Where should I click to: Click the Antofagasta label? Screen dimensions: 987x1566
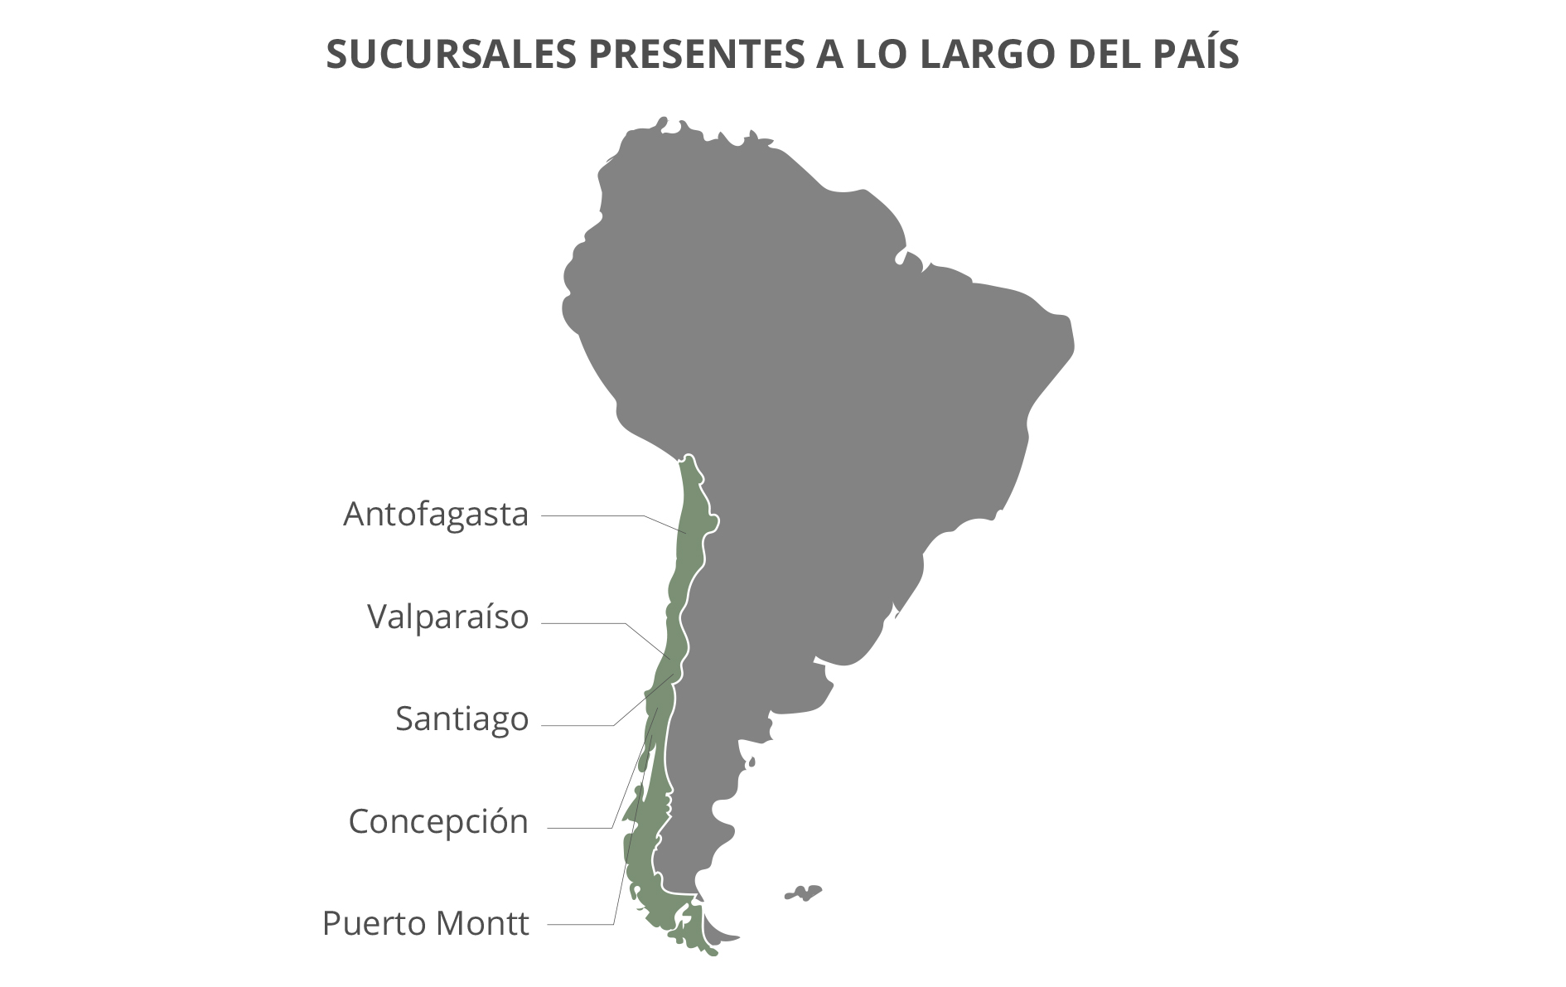[436, 515]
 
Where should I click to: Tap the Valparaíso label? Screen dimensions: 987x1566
[447, 617]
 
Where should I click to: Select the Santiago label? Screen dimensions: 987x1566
[462, 719]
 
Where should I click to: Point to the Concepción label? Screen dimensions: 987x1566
[438, 822]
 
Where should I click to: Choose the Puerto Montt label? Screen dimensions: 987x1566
[425, 923]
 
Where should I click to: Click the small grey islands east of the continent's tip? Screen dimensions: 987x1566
[804, 893]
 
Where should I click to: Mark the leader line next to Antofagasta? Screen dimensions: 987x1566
[592, 515]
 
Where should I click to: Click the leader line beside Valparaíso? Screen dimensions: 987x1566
[584, 623]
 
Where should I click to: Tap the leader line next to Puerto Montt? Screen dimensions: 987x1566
[580, 924]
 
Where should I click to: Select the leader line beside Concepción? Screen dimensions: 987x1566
[580, 828]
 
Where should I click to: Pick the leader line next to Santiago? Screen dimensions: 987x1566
[578, 726]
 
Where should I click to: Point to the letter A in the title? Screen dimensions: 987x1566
[818, 55]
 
